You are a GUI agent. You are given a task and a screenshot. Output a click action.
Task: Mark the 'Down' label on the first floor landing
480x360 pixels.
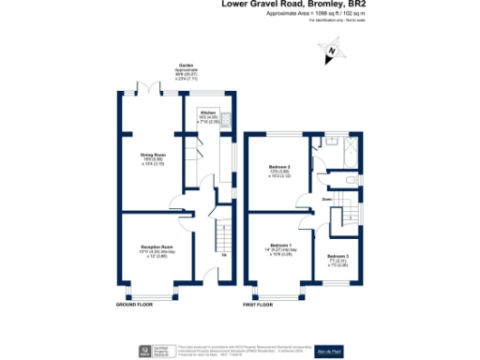click(327, 199)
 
